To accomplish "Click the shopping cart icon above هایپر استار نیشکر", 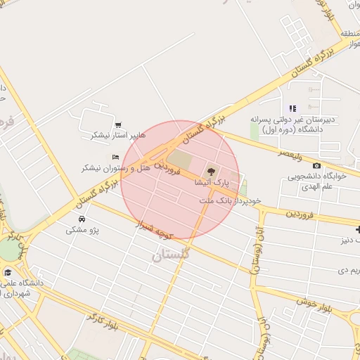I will [117, 125].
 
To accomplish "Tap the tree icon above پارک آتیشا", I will [209, 172].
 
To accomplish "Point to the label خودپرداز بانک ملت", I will [230, 200].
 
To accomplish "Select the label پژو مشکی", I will [83, 230].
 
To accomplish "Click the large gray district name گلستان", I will [171, 255].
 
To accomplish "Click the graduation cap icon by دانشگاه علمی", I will [8, 272].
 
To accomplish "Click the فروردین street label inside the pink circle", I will [169, 168].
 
